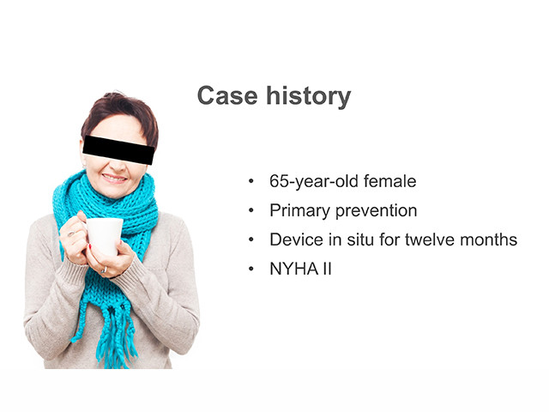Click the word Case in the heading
(x=227, y=95)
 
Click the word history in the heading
(x=309, y=97)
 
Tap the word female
(x=389, y=181)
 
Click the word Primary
(x=299, y=211)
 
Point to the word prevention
(x=376, y=211)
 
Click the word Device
(x=296, y=240)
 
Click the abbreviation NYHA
(x=294, y=269)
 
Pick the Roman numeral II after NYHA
(x=327, y=269)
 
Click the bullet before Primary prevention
(x=251, y=210)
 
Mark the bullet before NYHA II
(x=251, y=269)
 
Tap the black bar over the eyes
(x=118, y=150)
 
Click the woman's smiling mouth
(x=114, y=179)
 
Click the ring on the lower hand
(x=104, y=270)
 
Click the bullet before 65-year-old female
(x=251, y=181)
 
